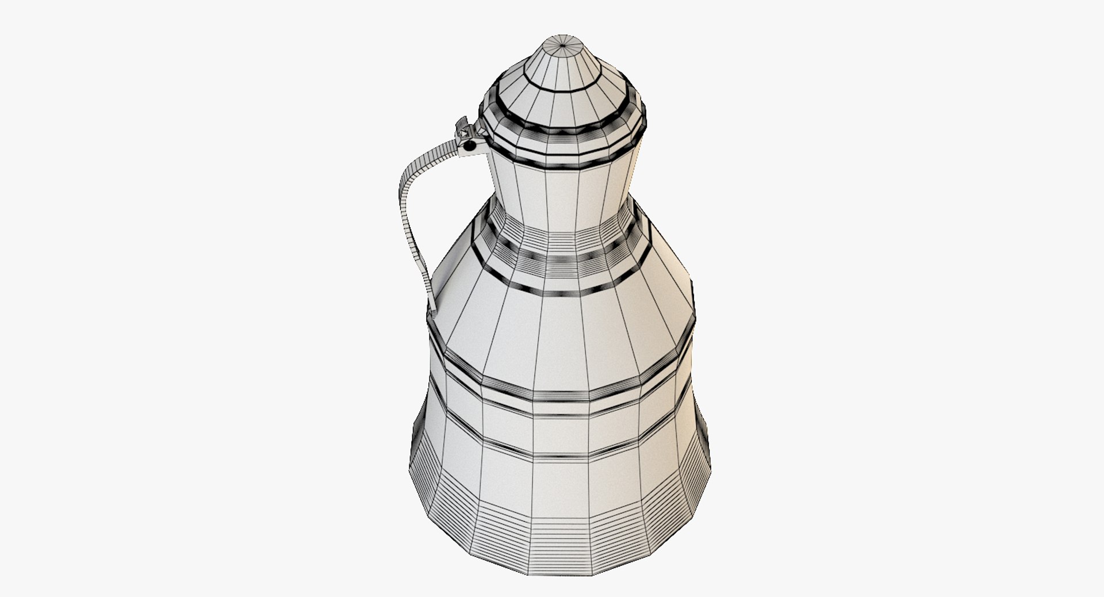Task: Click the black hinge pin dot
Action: pyautogui.click(x=470, y=146)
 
